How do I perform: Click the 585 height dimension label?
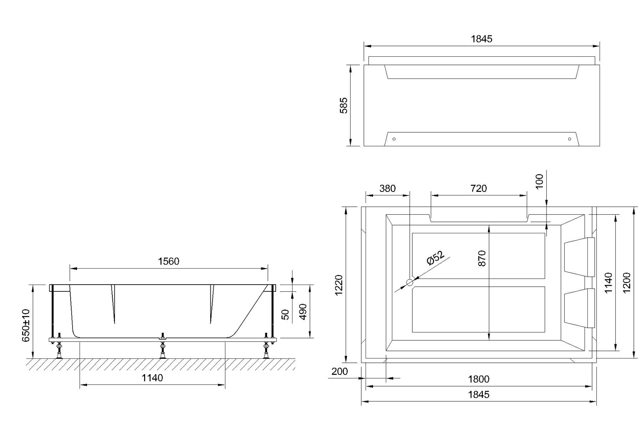pos(343,105)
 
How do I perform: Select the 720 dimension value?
pos(478,188)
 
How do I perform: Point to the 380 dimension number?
pos(387,188)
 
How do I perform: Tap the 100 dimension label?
pos(540,181)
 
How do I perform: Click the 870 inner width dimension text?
pos(482,258)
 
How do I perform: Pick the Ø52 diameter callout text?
pos(435,258)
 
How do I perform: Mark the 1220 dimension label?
pos(339,285)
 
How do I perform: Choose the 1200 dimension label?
pos(627,282)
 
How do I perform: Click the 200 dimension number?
pos(340,372)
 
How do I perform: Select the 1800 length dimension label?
pos(479,379)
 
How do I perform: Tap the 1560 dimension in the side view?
pos(168,261)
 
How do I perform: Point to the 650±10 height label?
pos(26,325)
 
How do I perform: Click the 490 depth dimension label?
pos(302,312)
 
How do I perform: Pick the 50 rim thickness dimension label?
pos(286,315)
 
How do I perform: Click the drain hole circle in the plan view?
pos(409,282)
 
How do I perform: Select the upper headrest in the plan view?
pos(580,257)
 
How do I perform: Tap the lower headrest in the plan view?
pos(580,308)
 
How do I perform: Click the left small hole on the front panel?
pos(394,139)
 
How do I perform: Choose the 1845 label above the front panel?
pos(481,39)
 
